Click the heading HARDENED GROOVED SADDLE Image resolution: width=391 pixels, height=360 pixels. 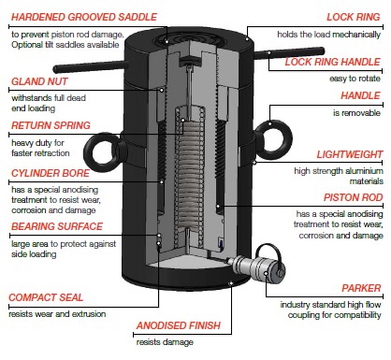(84, 17)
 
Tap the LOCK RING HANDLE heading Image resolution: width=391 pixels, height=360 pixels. (333, 62)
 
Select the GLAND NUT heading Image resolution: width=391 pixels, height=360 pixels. (39, 81)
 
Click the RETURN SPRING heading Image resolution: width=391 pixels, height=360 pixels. (51, 125)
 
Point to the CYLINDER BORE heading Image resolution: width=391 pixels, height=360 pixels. (51, 173)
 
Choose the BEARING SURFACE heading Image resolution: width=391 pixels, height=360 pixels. (57, 226)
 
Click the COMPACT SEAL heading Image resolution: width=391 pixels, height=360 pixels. (46, 297)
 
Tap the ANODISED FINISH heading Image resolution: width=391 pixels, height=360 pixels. (179, 325)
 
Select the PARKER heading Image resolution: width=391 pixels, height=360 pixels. (361, 288)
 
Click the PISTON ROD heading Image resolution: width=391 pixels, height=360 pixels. (353, 197)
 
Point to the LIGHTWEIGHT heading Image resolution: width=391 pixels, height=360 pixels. (350, 154)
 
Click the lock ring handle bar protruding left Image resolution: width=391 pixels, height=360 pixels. (91, 66)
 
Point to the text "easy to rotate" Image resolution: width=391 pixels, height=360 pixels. (355, 79)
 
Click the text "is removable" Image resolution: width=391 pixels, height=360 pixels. (356, 113)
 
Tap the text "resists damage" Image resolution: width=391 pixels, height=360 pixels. (165, 342)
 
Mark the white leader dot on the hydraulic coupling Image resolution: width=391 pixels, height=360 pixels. (266, 273)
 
